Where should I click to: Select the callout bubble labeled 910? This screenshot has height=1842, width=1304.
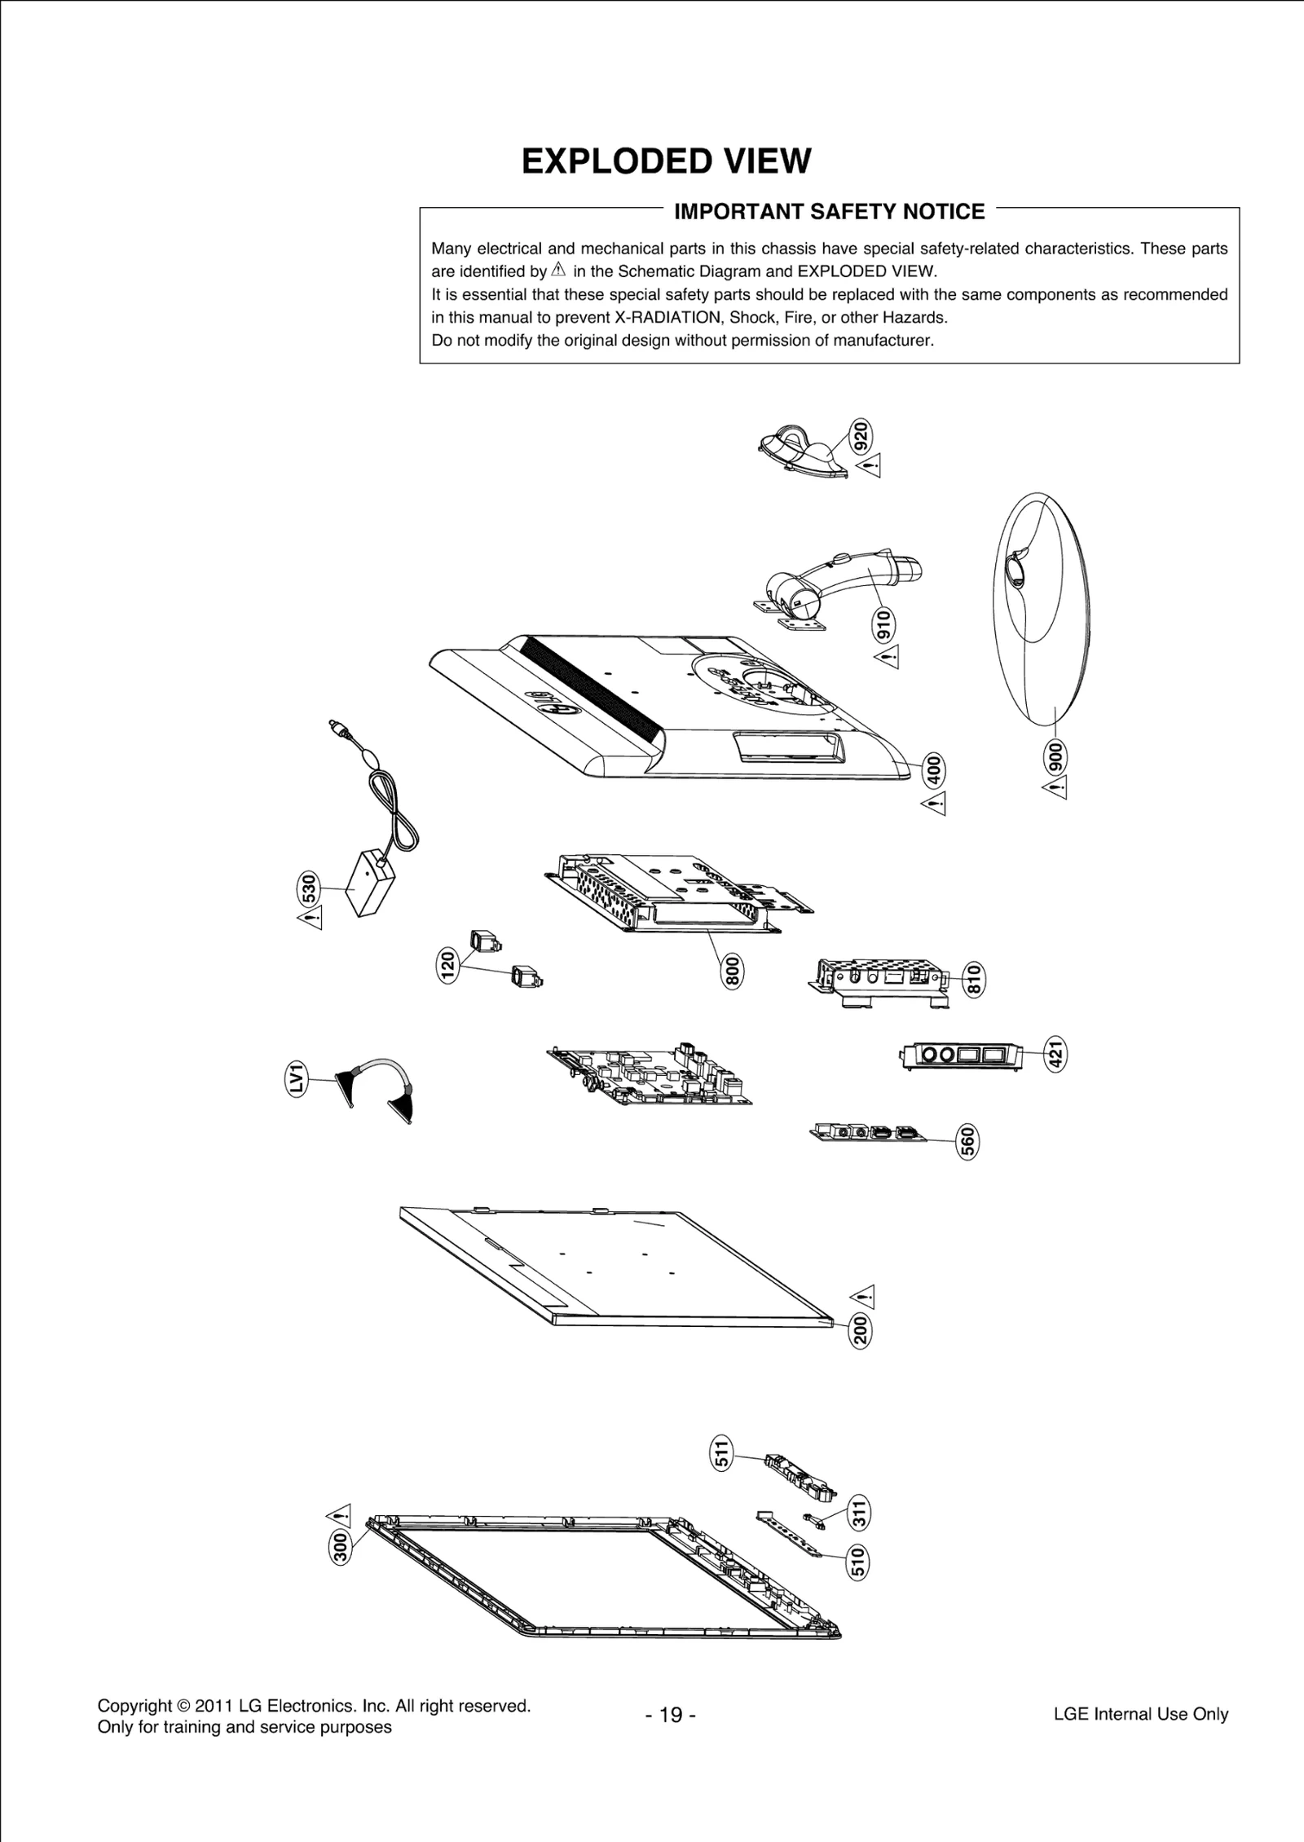(x=883, y=624)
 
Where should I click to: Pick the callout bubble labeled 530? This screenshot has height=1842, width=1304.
(x=308, y=889)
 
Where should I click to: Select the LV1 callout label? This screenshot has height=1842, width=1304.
(x=297, y=1078)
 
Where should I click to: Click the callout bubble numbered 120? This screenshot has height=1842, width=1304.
(x=447, y=965)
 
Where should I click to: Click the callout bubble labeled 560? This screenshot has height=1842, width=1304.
(x=967, y=1141)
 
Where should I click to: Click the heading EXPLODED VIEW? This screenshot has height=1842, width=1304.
(x=666, y=161)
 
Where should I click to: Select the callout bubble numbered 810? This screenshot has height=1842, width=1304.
(x=973, y=978)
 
